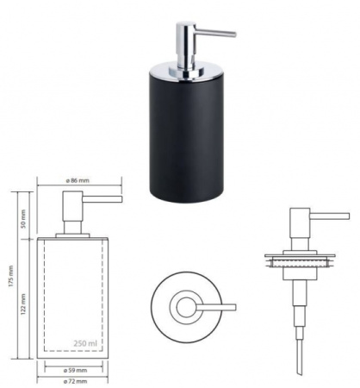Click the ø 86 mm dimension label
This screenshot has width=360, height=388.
(78, 180)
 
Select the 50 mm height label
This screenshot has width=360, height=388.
(23, 219)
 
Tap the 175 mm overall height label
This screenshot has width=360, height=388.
(10, 276)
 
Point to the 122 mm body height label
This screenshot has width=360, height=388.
(23, 304)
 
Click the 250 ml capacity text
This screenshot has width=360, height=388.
(85, 343)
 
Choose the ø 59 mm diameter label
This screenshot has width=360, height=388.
(75, 370)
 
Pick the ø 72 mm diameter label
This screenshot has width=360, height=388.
(75, 381)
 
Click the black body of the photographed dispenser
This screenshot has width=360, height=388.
(186, 138)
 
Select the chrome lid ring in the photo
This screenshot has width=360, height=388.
(186, 72)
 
